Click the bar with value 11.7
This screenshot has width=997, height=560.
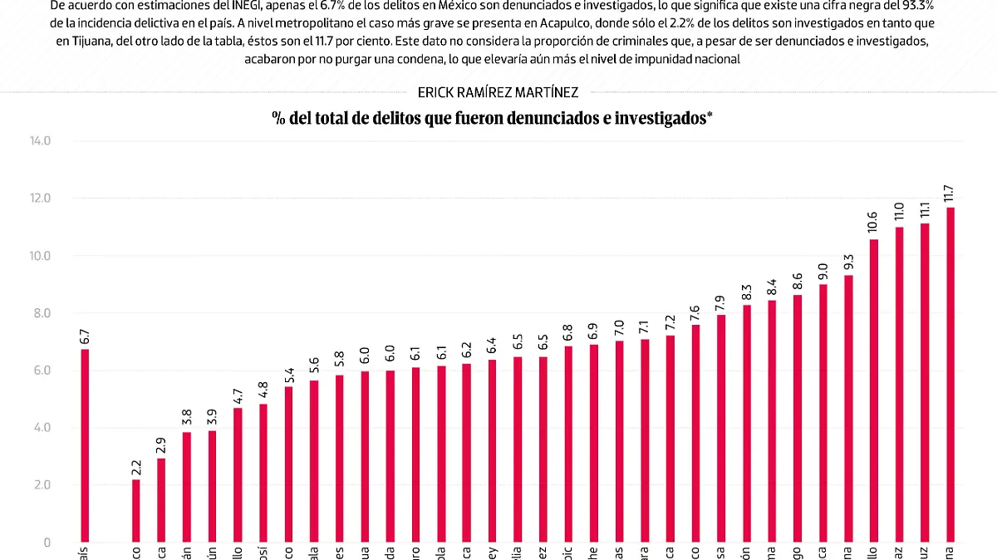[x=950, y=374]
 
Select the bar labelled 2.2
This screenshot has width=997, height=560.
[x=135, y=510]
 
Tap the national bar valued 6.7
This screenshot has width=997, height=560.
[x=85, y=445]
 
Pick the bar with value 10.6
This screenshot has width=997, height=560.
[x=874, y=391]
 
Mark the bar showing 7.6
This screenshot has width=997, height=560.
[x=695, y=433]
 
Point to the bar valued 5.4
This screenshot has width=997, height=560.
[x=288, y=464]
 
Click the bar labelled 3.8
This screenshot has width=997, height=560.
[x=187, y=487]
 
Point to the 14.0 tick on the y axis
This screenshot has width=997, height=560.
[x=39, y=141]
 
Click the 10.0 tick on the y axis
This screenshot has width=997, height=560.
[x=39, y=256]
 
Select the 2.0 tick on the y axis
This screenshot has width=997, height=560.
[x=42, y=485]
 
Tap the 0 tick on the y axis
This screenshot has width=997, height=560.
[x=47, y=543]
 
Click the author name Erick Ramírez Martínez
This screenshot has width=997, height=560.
[x=498, y=93]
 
